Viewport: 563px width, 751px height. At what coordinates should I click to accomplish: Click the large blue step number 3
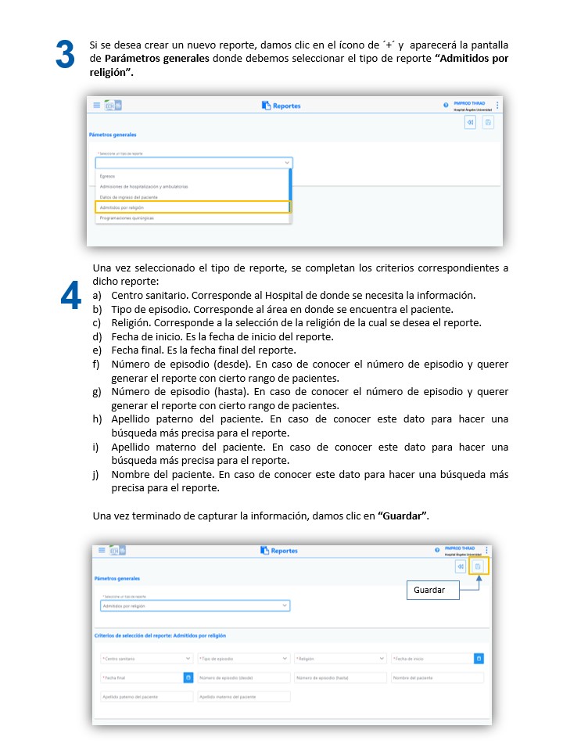point(66,55)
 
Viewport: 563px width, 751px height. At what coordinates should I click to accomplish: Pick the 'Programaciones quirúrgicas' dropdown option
point(127,218)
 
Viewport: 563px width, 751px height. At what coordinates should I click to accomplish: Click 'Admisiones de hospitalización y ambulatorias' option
point(144,187)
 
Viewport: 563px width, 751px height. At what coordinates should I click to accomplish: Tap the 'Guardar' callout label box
point(432,590)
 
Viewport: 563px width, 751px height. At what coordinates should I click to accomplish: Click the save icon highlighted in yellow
point(478,566)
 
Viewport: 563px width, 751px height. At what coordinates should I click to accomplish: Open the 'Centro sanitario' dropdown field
point(146,659)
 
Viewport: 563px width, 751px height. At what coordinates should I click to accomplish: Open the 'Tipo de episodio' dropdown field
point(242,659)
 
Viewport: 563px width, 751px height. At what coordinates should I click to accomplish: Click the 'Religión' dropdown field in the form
point(340,659)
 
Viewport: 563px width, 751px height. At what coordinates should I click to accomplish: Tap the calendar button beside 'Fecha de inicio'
point(479,659)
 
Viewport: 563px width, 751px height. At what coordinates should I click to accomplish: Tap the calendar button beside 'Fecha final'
point(188,677)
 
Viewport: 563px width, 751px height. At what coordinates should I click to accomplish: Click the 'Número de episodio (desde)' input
point(242,677)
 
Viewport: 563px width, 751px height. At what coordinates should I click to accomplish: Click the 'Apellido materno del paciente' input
point(242,696)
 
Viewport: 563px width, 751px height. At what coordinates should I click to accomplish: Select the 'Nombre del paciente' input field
point(437,677)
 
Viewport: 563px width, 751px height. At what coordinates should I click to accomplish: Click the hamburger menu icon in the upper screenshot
point(97,105)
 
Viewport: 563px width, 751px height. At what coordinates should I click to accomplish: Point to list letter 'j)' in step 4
point(98,475)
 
